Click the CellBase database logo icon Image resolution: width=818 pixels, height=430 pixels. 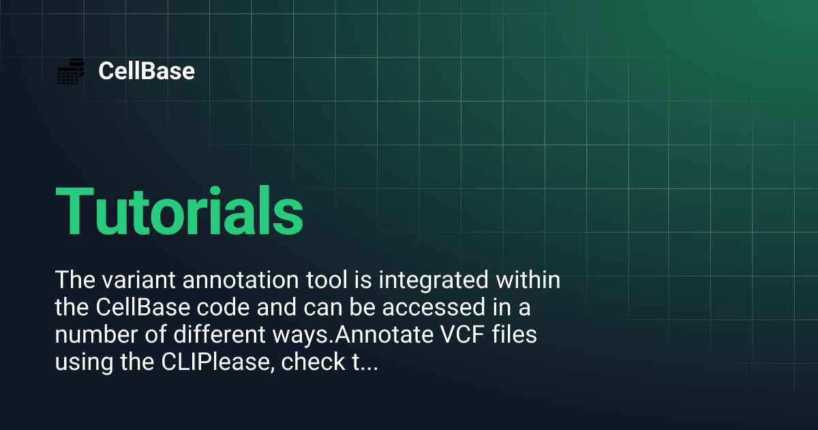coord(70,71)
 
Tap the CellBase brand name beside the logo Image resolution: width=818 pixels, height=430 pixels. coord(147,71)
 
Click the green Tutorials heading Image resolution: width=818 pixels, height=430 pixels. coord(179,211)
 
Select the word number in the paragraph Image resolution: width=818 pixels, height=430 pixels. coord(91,336)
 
